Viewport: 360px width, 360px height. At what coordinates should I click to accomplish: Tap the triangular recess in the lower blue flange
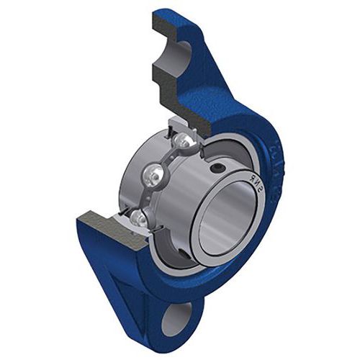tap(137, 277)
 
